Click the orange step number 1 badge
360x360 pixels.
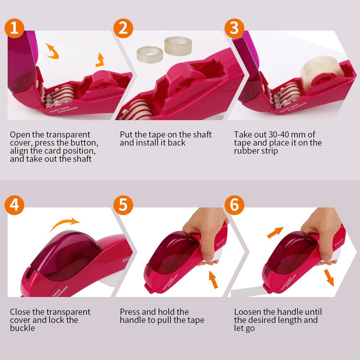(14, 28)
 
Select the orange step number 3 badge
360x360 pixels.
(234, 28)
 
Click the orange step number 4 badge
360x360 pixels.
(14, 205)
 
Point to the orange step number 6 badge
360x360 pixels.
(234, 205)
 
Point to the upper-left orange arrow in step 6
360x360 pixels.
(275, 233)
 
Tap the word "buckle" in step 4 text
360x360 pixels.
(22, 328)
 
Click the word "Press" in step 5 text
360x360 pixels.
(131, 312)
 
